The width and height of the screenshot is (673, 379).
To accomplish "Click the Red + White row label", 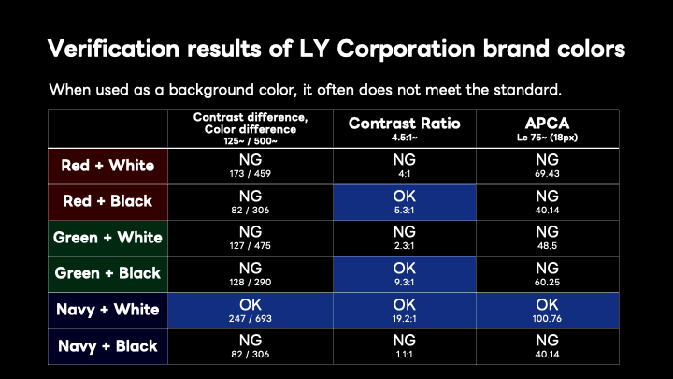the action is pyautogui.click(x=107, y=166).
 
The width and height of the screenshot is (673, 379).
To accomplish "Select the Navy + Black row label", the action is pyautogui.click(x=107, y=346).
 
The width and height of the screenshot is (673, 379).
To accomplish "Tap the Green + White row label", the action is pyautogui.click(x=107, y=238).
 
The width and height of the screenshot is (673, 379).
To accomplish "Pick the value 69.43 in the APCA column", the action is pyautogui.click(x=547, y=174).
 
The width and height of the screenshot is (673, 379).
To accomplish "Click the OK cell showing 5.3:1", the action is pyautogui.click(x=405, y=202).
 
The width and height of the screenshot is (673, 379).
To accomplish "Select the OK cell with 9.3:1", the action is pyautogui.click(x=405, y=274).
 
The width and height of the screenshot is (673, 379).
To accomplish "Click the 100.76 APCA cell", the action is pyautogui.click(x=547, y=311).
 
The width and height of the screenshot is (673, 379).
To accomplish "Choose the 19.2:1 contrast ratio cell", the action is pyautogui.click(x=405, y=311).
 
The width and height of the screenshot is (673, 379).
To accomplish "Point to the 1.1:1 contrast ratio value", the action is pyautogui.click(x=405, y=355).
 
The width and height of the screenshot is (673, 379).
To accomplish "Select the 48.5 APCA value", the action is pyautogui.click(x=547, y=246).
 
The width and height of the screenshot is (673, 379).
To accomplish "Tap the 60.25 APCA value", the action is pyautogui.click(x=547, y=283).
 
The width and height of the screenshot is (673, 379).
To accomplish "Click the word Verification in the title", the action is pyautogui.click(x=113, y=48).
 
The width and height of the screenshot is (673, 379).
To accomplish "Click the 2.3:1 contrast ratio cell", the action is pyautogui.click(x=405, y=239).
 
